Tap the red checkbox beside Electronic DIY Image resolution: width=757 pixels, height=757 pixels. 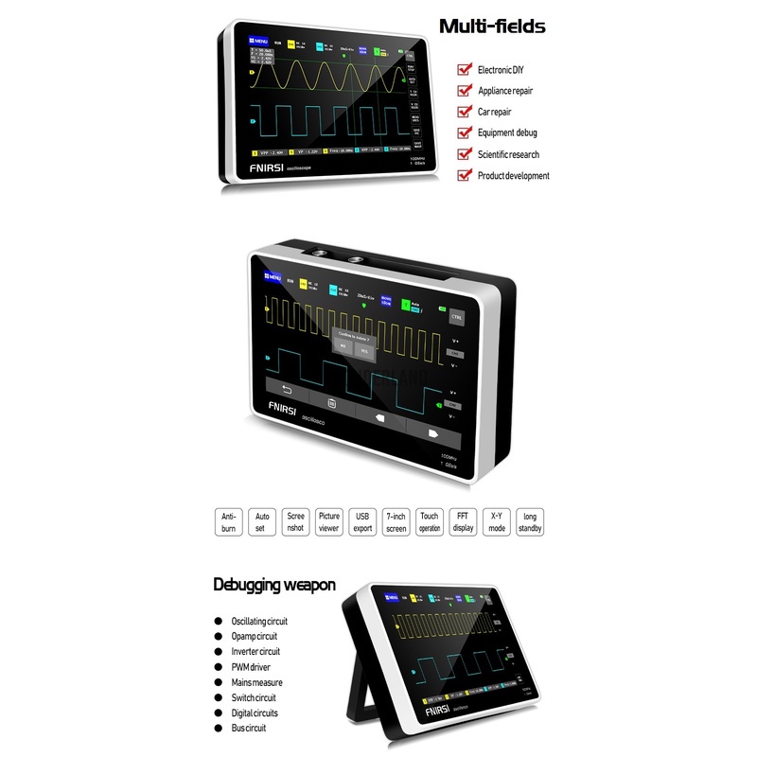[x=464, y=69]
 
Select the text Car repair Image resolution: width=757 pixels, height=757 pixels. [x=497, y=112]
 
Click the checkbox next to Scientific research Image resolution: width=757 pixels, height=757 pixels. [x=464, y=154]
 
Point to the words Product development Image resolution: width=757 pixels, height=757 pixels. [x=514, y=175]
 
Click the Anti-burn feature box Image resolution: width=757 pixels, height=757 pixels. [x=228, y=522]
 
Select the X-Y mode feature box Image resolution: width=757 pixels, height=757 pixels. [x=497, y=522]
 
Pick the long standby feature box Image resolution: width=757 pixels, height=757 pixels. [x=530, y=522]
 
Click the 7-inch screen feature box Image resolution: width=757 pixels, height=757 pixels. [x=396, y=522]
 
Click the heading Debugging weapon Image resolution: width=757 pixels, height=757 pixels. [x=274, y=585]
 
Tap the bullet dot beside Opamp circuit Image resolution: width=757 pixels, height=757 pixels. [x=219, y=637]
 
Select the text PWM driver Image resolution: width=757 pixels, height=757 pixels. [x=252, y=667]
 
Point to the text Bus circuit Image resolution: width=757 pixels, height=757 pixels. [x=249, y=729]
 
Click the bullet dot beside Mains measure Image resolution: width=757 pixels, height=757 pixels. [x=219, y=682]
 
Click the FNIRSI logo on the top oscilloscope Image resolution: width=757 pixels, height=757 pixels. [x=268, y=167]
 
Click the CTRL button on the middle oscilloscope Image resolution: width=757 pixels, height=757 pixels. [x=457, y=317]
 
